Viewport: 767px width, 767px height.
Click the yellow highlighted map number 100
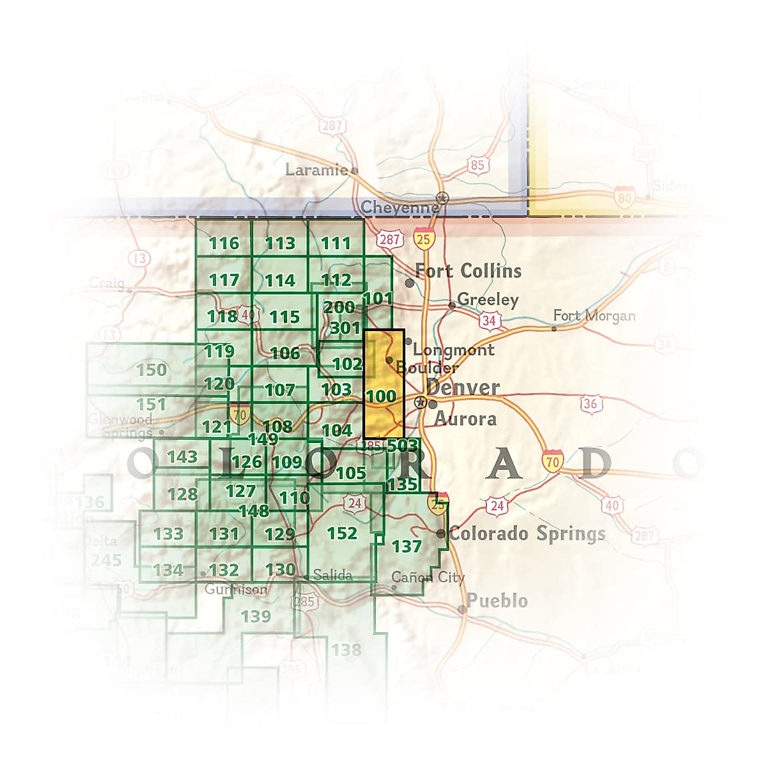(381, 396)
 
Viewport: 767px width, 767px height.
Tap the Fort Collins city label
(468, 271)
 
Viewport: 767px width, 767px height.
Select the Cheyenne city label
(399, 208)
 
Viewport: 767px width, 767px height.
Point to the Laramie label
(316, 170)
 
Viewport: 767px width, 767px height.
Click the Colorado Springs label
(527, 534)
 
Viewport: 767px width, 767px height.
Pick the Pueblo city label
(497, 601)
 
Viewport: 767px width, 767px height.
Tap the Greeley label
(488, 300)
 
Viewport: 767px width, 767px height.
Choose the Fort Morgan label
(594, 316)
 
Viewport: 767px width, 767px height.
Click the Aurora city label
(465, 419)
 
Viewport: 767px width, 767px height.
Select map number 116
(224, 244)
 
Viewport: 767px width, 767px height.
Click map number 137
(407, 546)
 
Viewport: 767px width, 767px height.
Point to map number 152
(342, 533)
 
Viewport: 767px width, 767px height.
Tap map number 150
(151, 370)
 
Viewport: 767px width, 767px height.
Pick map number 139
(256, 617)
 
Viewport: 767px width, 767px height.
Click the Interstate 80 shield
(624, 198)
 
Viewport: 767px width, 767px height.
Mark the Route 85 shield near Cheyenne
(477, 166)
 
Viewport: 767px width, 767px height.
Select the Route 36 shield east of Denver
(590, 404)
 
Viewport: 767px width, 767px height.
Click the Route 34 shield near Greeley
(489, 320)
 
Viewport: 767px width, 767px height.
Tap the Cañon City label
(428, 577)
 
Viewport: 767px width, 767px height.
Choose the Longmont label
(453, 350)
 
